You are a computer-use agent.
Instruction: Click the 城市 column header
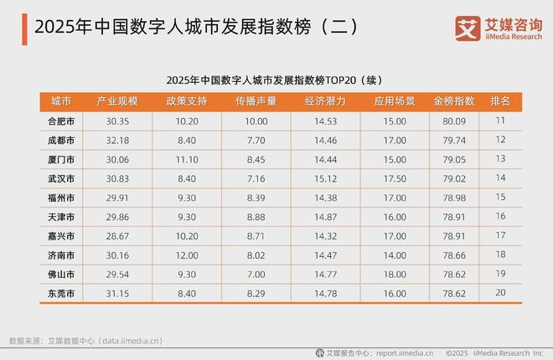61,101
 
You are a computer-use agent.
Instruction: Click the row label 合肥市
61,121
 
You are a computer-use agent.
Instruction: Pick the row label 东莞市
61,294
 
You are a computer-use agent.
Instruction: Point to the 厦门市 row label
61,159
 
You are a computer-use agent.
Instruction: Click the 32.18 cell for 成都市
117,140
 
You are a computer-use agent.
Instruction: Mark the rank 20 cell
500,294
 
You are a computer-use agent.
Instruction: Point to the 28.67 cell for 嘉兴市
117,236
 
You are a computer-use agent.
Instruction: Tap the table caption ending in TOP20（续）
276,80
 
